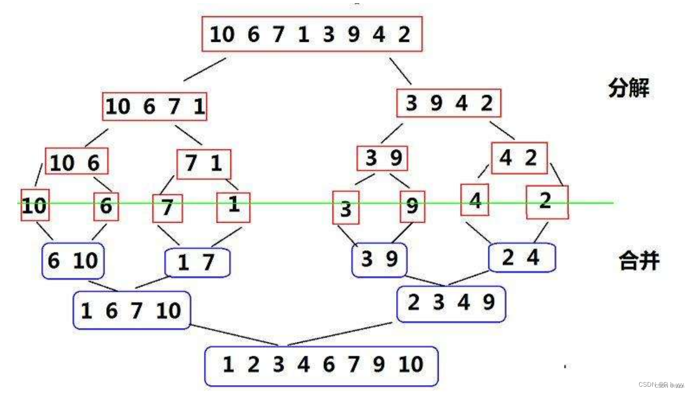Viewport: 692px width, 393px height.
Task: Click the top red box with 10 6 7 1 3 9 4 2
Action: point(312,34)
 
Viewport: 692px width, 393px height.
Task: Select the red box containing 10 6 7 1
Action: point(155,107)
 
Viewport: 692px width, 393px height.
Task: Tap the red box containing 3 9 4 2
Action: point(449,103)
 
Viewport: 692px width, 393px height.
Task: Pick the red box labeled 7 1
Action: point(204,164)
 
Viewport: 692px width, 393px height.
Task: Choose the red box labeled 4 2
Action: point(519,158)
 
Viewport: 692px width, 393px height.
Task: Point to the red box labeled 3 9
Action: point(382,158)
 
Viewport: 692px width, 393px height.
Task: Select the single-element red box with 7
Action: point(168,209)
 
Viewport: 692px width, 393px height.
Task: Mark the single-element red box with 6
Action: point(106,207)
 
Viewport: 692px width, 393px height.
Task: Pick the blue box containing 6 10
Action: point(73,260)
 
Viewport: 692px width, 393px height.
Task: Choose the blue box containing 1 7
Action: point(197,262)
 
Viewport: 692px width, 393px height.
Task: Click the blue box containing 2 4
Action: point(521,258)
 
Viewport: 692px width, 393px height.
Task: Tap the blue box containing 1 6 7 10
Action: point(131,310)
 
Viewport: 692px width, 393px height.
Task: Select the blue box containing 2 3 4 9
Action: point(451,304)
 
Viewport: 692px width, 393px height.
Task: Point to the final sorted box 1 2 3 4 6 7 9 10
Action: point(321,365)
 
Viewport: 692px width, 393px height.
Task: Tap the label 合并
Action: point(638,260)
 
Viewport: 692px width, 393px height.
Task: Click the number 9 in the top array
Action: point(354,35)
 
